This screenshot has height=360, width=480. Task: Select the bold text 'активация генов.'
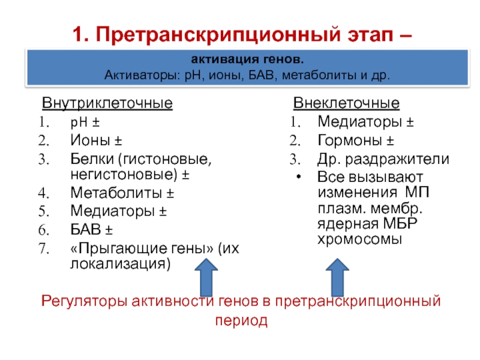pos(247,60)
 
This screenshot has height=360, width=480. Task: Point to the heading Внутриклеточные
pos(107,103)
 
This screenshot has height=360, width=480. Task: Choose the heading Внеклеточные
pos(346,103)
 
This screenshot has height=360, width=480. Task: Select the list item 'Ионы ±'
pos(97,141)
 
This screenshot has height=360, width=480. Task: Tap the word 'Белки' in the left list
pos(92,159)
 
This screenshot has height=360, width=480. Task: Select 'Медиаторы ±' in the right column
pos(365,123)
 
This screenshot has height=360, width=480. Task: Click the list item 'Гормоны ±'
pos(356,142)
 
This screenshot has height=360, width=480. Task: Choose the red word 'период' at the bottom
pos(240,321)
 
